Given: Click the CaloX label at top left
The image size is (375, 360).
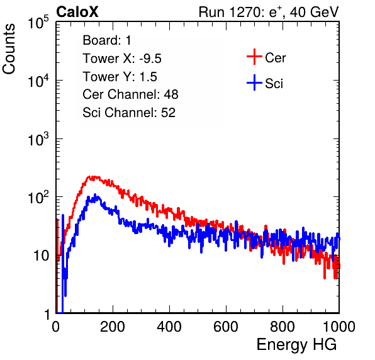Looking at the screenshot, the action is point(77,12).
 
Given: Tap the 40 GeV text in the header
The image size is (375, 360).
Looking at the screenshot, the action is point(314,12).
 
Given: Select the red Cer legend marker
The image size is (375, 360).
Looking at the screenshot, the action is point(254,57).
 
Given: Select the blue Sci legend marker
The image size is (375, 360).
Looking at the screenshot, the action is point(254,82).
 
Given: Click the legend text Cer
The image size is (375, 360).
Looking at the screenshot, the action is point(275,58).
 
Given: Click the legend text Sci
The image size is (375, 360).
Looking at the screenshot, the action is point(274,84).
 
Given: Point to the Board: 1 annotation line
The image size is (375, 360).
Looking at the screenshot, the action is point(107,40).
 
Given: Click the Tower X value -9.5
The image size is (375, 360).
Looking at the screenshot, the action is point(150,59).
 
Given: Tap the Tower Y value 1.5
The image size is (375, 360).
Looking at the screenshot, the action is point(148,77).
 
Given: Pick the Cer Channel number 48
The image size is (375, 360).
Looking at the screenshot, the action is point(171,94).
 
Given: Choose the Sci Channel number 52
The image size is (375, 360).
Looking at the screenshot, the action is point(168,113).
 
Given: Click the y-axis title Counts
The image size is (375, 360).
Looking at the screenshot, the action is point(9,49).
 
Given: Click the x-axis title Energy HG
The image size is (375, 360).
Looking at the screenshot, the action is point(296,345).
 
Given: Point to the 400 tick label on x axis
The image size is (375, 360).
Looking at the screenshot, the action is point(169,327).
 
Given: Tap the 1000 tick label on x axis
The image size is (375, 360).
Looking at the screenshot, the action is point(339,327).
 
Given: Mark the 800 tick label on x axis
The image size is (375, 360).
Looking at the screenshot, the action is point(283,327).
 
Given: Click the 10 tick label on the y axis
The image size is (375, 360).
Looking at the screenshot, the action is point(42,256).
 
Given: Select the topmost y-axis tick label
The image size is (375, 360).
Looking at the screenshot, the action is point(38,22).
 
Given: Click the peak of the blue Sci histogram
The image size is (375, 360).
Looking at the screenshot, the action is point(95,194).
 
